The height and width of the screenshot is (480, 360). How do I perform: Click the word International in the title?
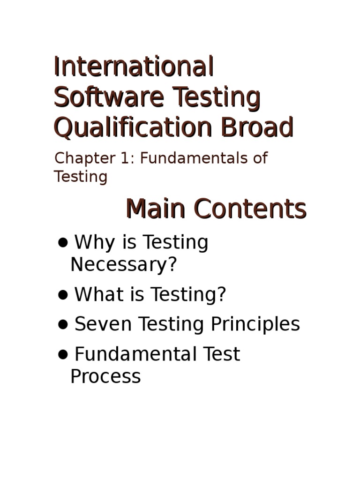tap(134, 67)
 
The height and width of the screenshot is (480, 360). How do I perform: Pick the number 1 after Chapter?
tap(125, 158)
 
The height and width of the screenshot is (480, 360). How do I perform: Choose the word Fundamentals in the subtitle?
tap(195, 158)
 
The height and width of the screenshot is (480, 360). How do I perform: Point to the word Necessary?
tap(124, 265)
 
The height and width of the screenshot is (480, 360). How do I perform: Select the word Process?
tap(105, 376)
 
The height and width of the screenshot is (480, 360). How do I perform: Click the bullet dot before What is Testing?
tap(63, 295)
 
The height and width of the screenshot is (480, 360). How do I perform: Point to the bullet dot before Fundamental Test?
tap(63, 355)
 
